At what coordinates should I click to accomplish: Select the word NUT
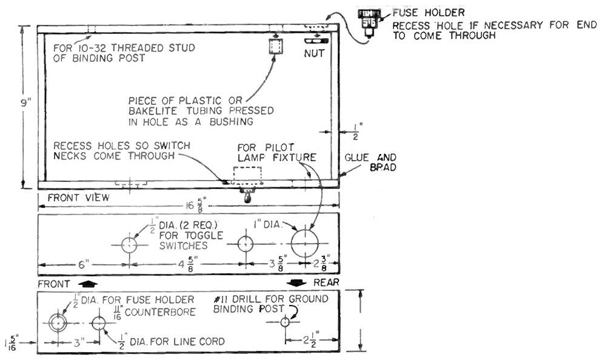(315, 53)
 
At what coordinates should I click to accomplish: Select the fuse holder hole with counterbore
(58, 323)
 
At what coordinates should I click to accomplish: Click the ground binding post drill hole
(286, 323)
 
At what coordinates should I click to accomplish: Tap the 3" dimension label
(78, 341)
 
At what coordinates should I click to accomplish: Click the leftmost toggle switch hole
(130, 244)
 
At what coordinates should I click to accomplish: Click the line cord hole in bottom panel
(98, 323)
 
